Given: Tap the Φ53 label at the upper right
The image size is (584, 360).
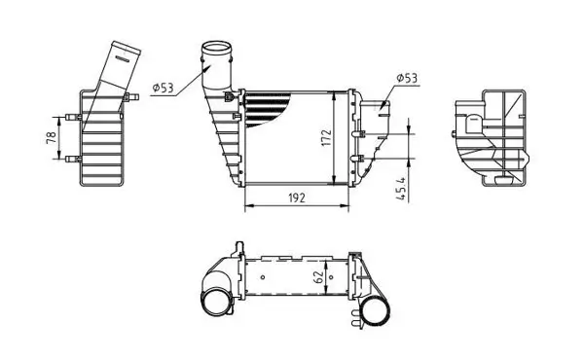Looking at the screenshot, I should pos(407,77).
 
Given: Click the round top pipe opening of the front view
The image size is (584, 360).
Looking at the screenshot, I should pos(218,49).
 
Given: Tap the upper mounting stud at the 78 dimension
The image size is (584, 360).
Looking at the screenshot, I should pos(69,119).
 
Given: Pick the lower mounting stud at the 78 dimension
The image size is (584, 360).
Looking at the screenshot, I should pos(69,160).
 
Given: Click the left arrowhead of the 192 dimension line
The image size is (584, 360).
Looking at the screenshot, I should pos(245,205).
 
